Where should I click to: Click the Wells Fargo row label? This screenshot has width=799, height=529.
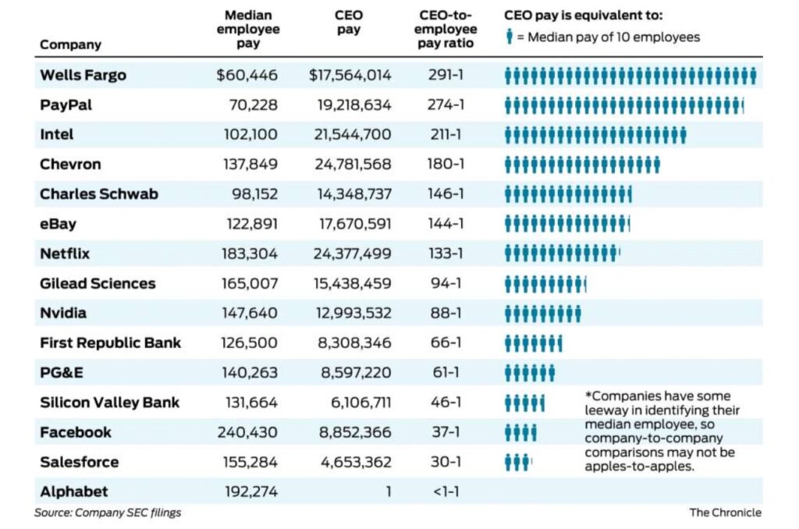[83, 76]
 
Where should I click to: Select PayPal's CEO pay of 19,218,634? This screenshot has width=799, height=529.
[350, 105]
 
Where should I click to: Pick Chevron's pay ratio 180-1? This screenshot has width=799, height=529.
[445, 165]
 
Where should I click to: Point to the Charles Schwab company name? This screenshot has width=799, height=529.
[98, 194]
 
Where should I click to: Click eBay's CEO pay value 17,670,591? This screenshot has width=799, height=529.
[350, 224]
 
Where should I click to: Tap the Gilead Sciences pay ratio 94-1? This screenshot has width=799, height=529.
[446, 283]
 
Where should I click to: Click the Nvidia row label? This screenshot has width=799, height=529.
[63, 313]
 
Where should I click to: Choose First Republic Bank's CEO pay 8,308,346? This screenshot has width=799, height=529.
[353, 343]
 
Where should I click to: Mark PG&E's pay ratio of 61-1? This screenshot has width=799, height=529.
[446, 373]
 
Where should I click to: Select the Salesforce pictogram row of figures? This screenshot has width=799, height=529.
[518, 462]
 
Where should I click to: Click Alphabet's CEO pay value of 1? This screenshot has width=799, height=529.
[388, 492]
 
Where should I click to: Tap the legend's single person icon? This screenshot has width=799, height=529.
[510, 37]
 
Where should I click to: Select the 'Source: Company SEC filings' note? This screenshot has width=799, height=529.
[108, 513]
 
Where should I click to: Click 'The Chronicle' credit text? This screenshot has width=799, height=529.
[725, 513]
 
